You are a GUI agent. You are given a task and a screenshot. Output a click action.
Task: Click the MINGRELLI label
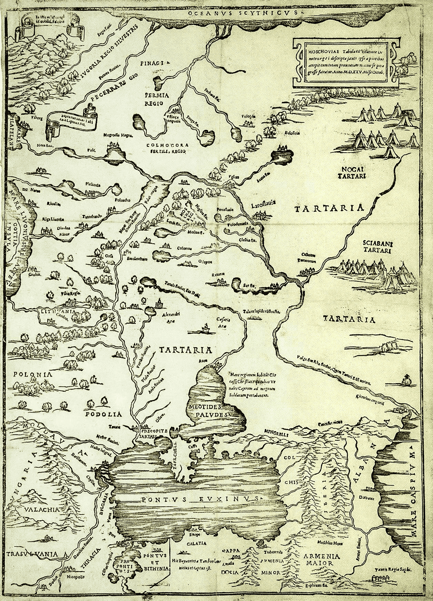[x=276, y=435]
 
